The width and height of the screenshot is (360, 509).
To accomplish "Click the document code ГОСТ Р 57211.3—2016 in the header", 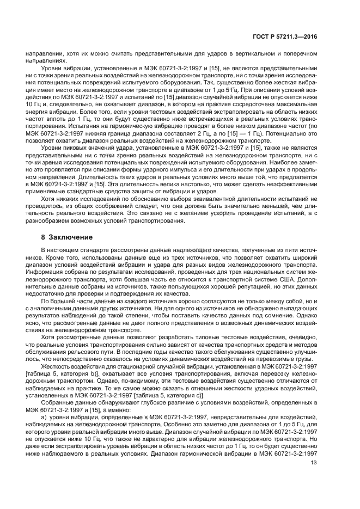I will [292, 38].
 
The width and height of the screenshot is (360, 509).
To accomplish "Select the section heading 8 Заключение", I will [63, 237].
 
